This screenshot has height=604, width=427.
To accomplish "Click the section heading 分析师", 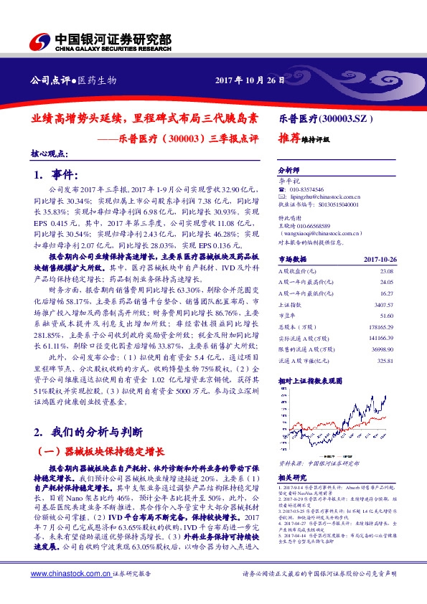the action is point(287,171).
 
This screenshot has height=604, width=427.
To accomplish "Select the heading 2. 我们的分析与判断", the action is point(89,432).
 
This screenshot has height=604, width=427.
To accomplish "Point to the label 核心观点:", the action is point(49,154).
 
